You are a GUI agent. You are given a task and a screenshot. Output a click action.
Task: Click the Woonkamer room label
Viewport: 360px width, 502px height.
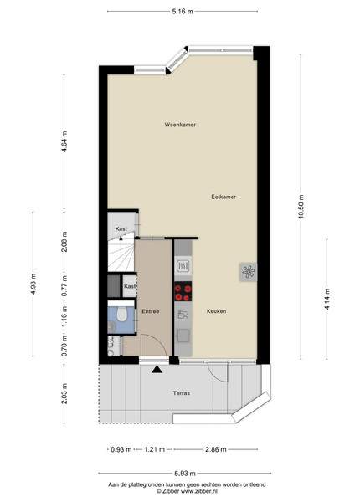(180, 125)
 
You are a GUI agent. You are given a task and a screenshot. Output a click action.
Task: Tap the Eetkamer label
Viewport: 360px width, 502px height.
(224, 197)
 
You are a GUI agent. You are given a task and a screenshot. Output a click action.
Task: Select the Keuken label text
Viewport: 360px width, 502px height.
(217, 311)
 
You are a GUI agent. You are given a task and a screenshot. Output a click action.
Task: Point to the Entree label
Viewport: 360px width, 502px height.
(151, 311)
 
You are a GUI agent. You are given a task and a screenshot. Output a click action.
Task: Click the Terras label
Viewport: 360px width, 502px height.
(182, 393)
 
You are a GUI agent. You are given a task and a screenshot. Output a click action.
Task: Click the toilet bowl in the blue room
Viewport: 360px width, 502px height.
(121, 314)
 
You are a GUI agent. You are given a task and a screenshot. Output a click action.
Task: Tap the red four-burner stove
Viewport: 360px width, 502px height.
(183, 291)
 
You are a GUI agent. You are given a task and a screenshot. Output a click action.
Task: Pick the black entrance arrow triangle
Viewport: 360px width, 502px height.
(157, 369)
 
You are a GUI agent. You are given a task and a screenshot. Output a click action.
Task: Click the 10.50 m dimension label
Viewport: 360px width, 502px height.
(301, 207)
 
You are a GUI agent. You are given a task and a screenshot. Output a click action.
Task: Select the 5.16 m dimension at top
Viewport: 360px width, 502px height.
(183, 12)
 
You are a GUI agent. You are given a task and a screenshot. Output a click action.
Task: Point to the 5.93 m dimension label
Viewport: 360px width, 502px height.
(185, 474)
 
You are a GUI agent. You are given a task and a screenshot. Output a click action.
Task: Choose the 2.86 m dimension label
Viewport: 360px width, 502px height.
(215, 449)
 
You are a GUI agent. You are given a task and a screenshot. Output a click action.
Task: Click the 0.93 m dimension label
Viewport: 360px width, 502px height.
(121, 449)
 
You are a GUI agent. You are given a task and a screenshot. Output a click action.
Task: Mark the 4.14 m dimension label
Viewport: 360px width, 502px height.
(327, 299)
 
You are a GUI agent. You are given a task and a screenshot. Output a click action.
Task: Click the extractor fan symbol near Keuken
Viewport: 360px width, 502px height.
(248, 272)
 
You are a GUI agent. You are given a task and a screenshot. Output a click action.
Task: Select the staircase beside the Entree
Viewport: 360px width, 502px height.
(121, 253)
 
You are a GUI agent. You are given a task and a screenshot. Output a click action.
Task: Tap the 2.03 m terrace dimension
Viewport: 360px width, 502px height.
(64, 393)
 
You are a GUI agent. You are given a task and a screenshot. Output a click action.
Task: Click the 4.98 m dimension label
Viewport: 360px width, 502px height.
(33, 284)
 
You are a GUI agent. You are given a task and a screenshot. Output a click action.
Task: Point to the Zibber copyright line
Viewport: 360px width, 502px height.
(187, 491)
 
